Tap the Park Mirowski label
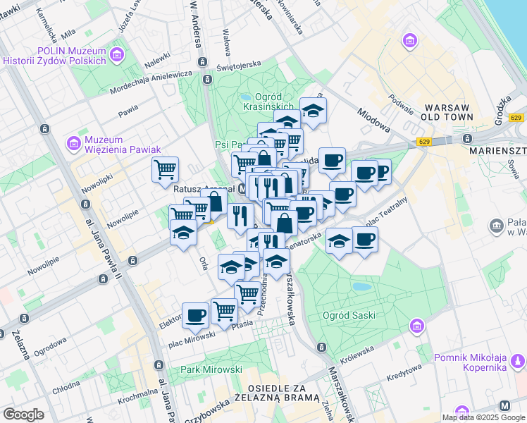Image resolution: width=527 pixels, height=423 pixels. point(211,369)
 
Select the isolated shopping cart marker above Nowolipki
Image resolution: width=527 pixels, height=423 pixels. point(165,168)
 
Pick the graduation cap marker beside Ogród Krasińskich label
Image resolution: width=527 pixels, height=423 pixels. point(313,110)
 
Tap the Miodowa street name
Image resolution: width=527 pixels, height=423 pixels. point(373,119)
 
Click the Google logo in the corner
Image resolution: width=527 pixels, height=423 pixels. point(24,414)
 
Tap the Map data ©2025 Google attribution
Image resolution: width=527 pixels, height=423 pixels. point(483,417)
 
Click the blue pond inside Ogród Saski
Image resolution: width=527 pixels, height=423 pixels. point(361,287)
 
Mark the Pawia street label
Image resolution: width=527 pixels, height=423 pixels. point(128,111)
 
